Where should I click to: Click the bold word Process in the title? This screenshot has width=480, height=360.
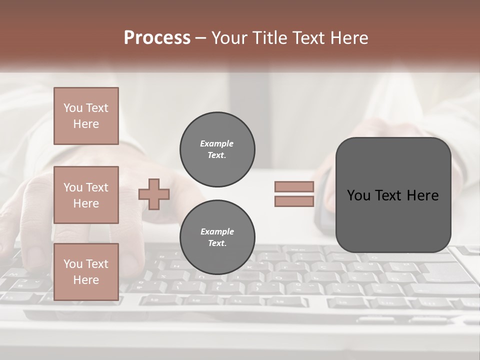click(157, 38)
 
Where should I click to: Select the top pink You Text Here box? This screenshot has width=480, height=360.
click(86, 116)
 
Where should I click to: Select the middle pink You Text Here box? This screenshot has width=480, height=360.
click(86, 195)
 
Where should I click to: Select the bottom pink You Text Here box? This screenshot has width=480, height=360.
click(86, 272)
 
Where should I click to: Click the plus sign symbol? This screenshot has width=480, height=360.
click(154, 194)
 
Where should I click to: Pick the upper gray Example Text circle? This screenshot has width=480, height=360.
click(217, 149)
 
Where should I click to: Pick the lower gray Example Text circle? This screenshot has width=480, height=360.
click(217, 237)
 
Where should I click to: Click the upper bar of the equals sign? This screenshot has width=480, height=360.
click(294, 187)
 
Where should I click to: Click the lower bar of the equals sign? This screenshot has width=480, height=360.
click(294, 201)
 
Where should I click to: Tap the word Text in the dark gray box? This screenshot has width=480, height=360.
click(389, 195)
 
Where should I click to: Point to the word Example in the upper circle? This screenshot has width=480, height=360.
click(217, 144)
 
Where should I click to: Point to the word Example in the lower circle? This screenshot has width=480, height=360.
click(217, 232)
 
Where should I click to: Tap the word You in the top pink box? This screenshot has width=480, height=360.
click(73, 108)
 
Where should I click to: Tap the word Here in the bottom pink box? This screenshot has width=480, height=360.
click(86, 280)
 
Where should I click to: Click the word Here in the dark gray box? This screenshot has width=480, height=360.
click(422, 195)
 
